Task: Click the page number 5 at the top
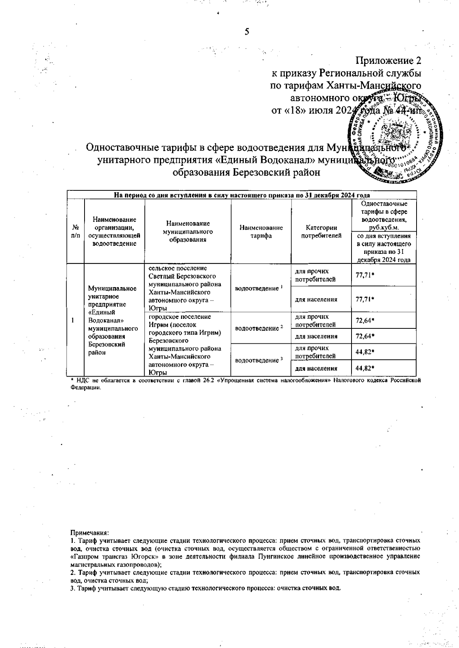(247, 32)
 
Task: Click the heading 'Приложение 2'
(388, 61)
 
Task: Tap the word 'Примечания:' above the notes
(90, 532)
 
